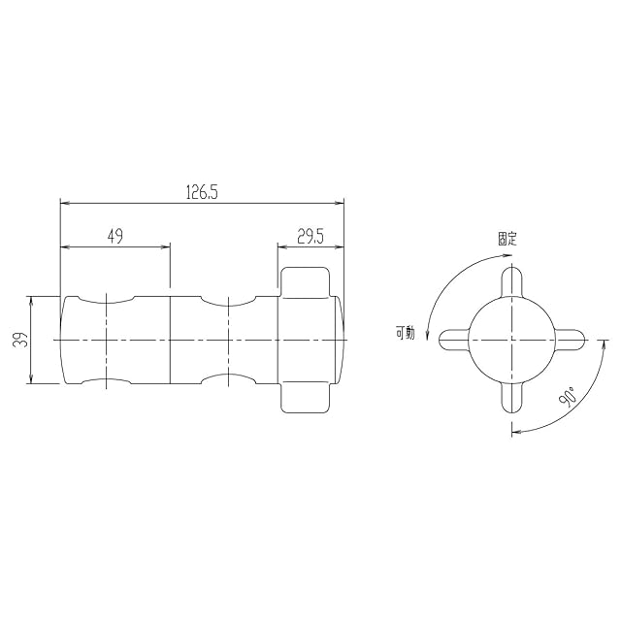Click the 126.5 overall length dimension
202,192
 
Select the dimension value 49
115,236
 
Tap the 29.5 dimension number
310,237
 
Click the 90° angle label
567,397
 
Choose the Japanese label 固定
507,239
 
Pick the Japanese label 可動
406,333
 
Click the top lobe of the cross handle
511,281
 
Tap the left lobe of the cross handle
454,341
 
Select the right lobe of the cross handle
570,341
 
